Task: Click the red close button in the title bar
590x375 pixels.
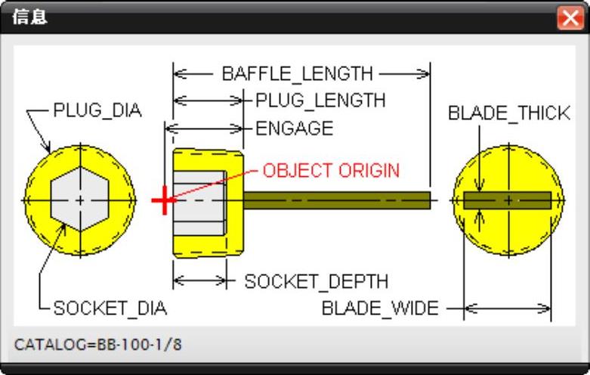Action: click(x=569, y=17)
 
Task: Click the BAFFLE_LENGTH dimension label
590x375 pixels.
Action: click(x=297, y=74)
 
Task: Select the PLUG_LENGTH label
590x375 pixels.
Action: click(x=320, y=101)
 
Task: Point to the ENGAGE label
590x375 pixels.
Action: click(x=294, y=129)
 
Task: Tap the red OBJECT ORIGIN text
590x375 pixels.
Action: click(x=331, y=170)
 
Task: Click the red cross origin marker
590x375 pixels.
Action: click(x=162, y=201)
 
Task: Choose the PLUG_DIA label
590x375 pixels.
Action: click(x=97, y=110)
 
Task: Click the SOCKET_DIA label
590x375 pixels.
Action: click(x=110, y=308)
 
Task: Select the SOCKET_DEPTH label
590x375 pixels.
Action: click(x=316, y=282)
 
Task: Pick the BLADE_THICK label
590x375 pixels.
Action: click(x=508, y=113)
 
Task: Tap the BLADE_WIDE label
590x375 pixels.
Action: click(x=380, y=308)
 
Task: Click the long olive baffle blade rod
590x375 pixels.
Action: click(x=336, y=200)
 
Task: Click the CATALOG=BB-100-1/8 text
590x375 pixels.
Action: click(x=97, y=345)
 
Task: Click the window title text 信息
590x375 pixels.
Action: click(x=31, y=17)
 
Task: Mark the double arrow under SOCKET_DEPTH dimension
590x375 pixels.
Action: click(x=199, y=280)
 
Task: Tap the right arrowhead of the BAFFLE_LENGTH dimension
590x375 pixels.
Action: click(x=422, y=74)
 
